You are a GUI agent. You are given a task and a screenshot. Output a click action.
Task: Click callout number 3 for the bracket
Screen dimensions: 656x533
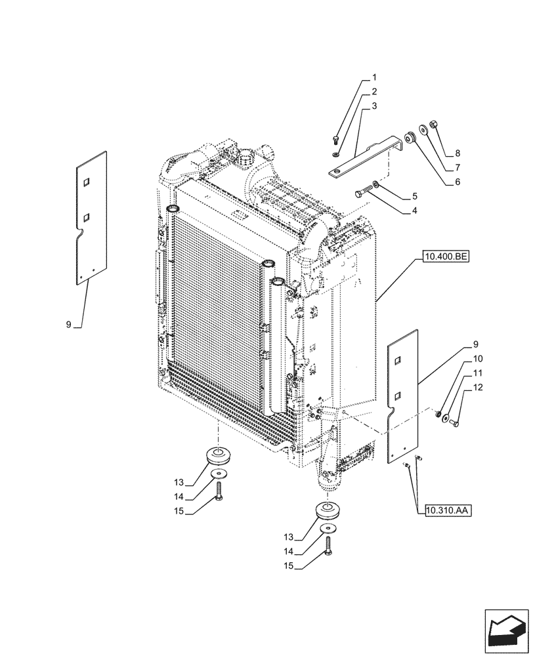pyautogui.click(x=373, y=106)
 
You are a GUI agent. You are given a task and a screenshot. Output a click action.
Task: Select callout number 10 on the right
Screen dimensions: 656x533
pyautogui.click(x=477, y=359)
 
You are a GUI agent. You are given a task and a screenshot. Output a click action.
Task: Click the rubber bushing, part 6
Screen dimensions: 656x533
pyautogui.click(x=410, y=137)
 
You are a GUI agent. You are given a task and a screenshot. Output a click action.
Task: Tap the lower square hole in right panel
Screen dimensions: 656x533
pyautogui.click(x=398, y=395)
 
